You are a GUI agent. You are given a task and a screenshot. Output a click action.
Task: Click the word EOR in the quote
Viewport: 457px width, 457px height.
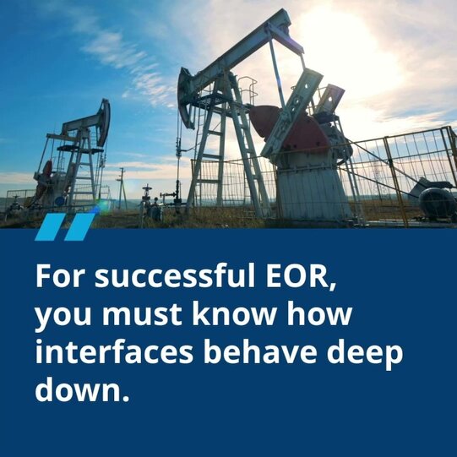(x=301, y=276)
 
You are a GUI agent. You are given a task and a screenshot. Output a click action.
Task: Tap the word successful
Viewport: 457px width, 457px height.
(x=175, y=275)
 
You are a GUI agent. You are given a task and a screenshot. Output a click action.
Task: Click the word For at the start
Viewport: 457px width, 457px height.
(x=59, y=275)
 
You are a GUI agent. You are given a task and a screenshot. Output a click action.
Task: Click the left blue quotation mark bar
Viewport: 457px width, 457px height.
(x=51, y=226)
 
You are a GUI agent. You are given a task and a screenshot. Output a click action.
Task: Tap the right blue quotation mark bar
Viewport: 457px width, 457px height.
(x=79, y=226)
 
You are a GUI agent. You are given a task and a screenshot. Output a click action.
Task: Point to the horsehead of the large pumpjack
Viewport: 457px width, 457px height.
(x=187, y=98)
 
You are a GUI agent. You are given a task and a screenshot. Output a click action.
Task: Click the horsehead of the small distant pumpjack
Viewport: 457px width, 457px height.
(x=103, y=122)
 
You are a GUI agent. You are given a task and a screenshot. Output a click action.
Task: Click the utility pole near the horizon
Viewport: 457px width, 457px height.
(x=122, y=188)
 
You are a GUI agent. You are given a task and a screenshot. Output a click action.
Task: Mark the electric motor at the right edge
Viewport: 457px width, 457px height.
(x=438, y=203)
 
